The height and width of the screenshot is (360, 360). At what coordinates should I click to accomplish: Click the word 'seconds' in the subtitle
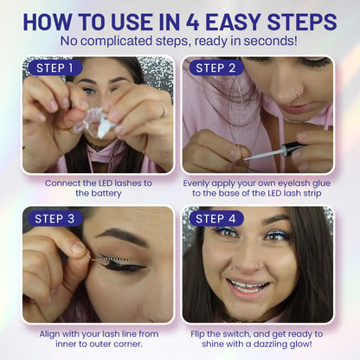pos(268,40)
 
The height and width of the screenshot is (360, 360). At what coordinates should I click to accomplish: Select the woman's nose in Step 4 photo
pos(260,264)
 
